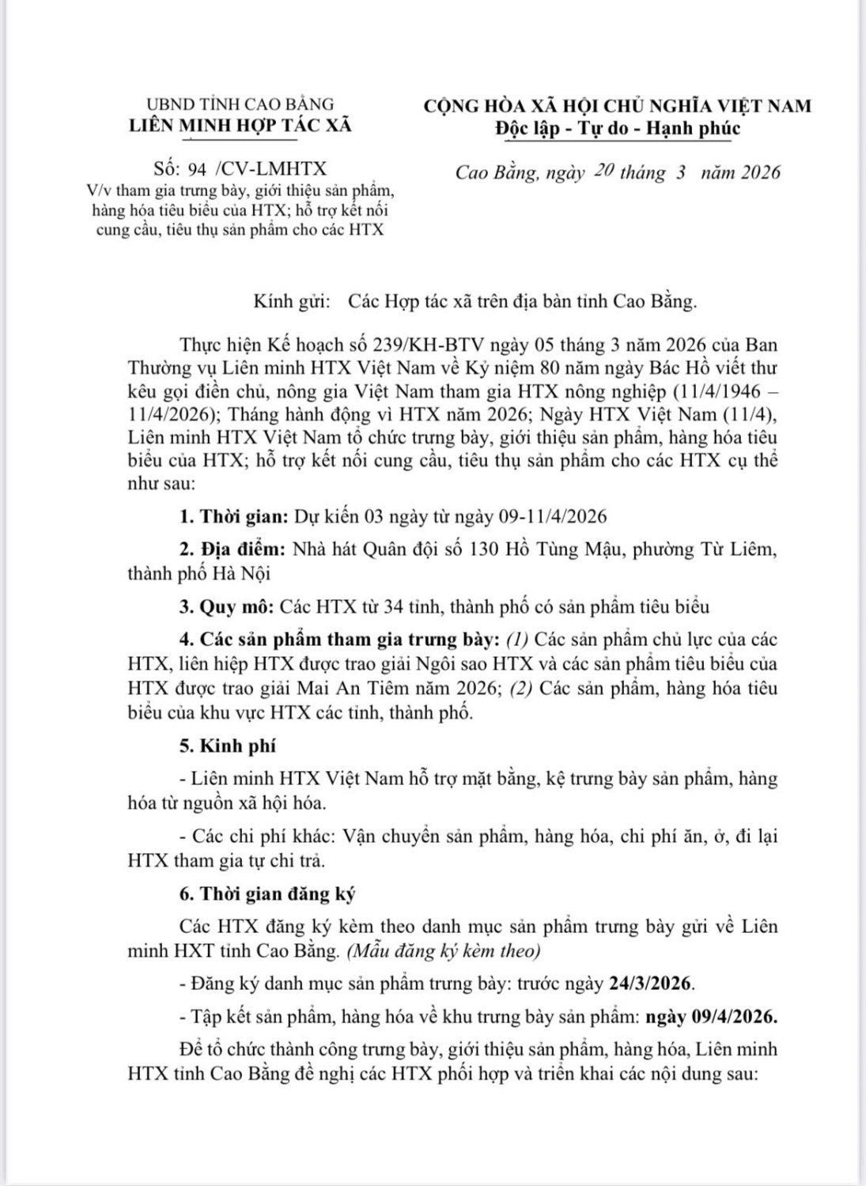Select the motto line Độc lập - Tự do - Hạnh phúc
[x=618, y=128]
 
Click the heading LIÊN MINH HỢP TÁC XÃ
[x=240, y=125]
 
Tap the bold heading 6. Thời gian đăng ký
[x=267, y=894]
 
